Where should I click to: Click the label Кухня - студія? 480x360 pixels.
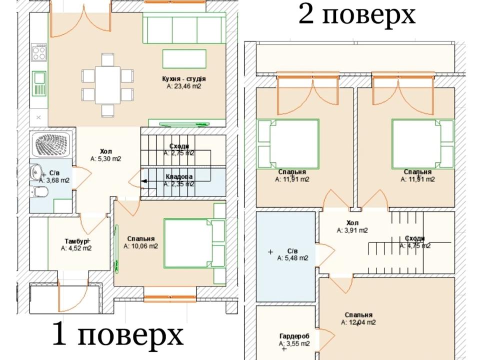184,79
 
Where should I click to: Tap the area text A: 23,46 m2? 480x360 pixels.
184,86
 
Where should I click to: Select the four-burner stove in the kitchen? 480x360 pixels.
39,52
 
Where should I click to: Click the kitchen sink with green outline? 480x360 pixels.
39,83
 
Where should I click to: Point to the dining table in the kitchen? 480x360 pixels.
107,85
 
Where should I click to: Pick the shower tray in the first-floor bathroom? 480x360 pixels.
51,145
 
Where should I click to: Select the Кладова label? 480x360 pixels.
179,176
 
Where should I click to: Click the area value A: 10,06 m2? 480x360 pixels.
141,246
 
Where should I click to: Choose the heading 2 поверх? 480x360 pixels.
357,14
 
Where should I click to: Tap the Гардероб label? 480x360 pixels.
294,336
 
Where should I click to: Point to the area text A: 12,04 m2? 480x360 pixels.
358,322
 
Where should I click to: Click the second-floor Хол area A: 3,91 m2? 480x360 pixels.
352,230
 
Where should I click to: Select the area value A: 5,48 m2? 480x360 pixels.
292,258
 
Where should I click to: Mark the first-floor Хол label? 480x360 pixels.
106,151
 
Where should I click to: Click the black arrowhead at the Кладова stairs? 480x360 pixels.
144,181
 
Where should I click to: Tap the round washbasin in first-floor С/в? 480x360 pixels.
36,172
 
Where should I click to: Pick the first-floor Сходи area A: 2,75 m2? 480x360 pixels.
179,153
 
